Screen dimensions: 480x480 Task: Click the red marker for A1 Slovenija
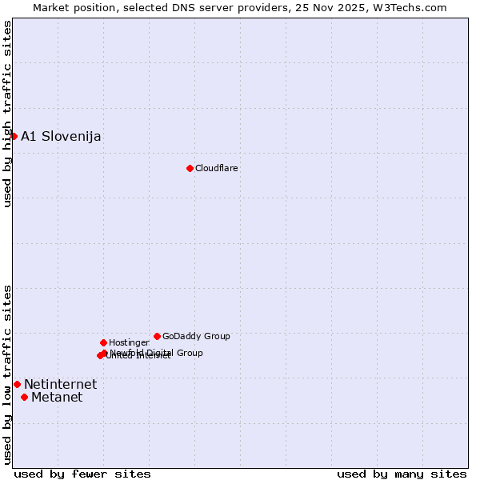click(x=14, y=136)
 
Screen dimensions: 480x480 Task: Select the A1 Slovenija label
click(x=61, y=137)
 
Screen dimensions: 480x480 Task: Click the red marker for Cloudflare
click(x=190, y=168)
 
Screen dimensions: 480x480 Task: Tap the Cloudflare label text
click(x=216, y=168)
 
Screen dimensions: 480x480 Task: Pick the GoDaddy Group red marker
click(x=157, y=336)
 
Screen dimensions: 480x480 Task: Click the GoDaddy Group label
click(x=196, y=336)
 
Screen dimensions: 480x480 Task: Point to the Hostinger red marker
click(x=103, y=342)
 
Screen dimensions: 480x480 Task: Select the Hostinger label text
click(x=129, y=342)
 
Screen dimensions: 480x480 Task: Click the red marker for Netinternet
click(x=17, y=384)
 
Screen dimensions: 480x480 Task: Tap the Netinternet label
click(x=60, y=385)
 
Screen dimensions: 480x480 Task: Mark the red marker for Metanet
click(x=24, y=397)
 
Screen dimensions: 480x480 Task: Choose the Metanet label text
click(x=57, y=398)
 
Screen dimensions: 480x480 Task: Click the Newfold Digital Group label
click(x=157, y=352)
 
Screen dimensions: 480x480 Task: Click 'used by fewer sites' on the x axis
click(x=82, y=474)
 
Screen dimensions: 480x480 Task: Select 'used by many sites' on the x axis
click(x=402, y=474)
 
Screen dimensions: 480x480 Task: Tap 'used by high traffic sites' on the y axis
click(x=7, y=114)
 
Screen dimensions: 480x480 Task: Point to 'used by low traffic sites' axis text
click(x=7, y=374)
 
